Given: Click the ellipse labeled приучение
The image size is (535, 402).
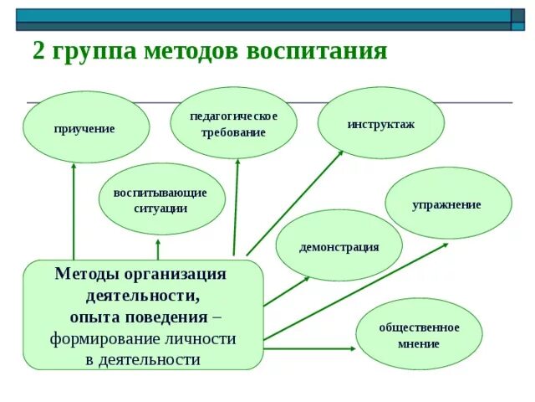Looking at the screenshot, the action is coord(85,127).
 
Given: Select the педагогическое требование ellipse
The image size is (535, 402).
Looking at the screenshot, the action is coord(233,123).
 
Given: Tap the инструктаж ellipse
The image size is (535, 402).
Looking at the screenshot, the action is coord(380,123).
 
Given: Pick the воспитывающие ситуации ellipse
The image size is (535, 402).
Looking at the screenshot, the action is coord(160,199).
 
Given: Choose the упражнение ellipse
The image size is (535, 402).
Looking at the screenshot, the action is coord(446,204).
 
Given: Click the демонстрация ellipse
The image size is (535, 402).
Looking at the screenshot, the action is coord(339,245).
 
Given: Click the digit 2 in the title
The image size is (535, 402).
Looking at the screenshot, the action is coord(38,51).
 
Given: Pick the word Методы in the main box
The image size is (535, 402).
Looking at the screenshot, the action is coord(87,274).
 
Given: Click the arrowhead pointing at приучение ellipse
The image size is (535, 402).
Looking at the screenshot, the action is coord(74,166).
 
